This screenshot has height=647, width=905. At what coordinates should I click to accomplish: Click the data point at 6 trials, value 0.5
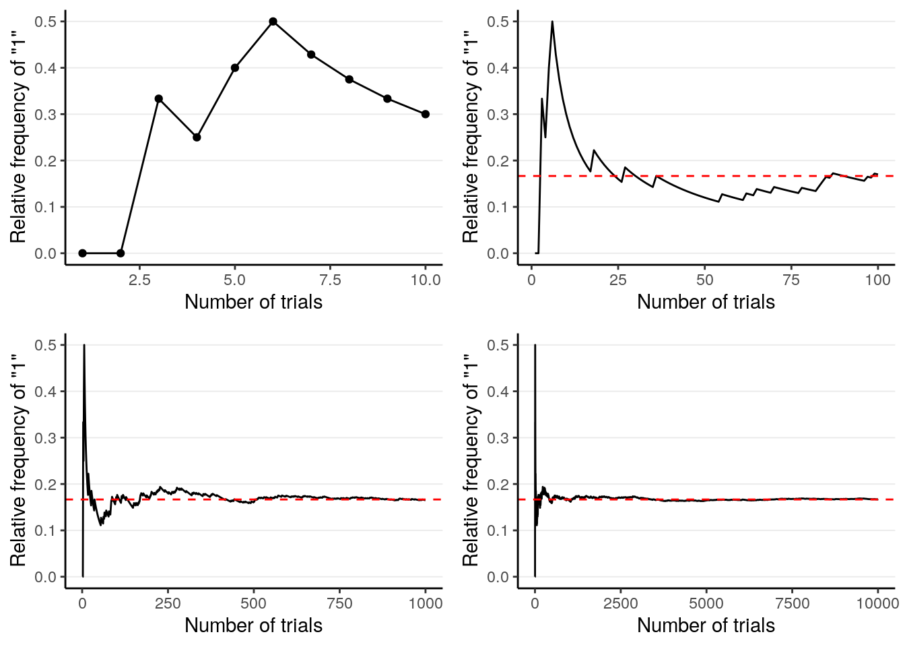(x=273, y=22)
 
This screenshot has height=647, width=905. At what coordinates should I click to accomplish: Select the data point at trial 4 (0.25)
(x=197, y=137)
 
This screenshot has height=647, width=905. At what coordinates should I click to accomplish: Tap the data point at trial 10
(x=425, y=114)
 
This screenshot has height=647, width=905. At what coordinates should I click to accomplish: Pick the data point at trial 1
(x=82, y=253)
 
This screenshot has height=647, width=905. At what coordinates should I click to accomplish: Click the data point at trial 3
(x=159, y=98)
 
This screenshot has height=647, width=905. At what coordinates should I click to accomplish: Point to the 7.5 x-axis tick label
(x=330, y=280)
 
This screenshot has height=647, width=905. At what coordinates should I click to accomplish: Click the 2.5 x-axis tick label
(x=139, y=280)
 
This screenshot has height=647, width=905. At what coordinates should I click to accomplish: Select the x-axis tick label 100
(x=877, y=280)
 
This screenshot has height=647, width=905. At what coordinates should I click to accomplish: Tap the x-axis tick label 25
(x=618, y=280)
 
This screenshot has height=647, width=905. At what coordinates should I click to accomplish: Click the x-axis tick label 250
(x=168, y=604)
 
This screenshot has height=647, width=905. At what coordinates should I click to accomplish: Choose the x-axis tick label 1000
(x=425, y=604)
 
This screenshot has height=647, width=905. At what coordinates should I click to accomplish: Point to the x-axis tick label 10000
(x=877, y=604)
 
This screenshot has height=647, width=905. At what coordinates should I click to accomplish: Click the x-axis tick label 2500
(x=620, y=604)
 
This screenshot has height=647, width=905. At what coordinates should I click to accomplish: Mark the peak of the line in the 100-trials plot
(x=552, y=22)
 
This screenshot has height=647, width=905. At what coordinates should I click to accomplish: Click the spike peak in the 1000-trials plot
(x=84, y=345)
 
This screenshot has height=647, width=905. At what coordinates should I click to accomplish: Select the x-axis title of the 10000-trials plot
(x=706, y=625)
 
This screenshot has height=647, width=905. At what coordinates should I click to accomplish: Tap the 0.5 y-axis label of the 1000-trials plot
(x=46, y=345)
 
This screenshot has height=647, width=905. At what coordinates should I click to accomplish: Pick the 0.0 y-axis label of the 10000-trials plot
(x=498, y=577)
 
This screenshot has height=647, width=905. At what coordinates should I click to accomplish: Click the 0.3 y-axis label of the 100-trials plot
(x=498, y=114)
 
